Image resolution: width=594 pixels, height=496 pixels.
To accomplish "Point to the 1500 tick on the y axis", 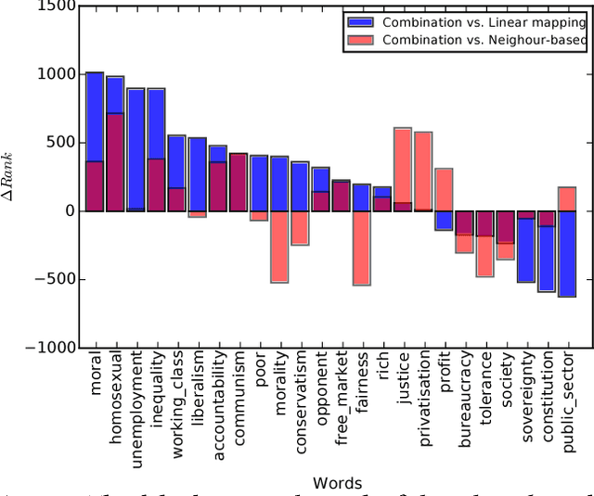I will [57, 6].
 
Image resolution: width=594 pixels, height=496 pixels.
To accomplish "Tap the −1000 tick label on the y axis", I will [47, 348].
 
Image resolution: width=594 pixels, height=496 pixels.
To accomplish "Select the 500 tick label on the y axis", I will [58, 143].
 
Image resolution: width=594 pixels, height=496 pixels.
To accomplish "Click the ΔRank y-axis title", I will [12, 176].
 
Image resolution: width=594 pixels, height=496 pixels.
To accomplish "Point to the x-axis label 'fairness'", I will [362, 385].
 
